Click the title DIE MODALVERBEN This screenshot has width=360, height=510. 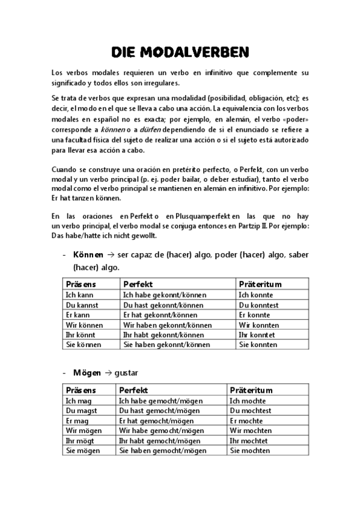click(x=180, y=52)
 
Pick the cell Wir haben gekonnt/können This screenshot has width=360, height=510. click(x=166, y=325)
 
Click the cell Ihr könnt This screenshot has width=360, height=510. click(x=79, y=335)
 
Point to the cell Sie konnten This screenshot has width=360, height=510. click(x=258, y=345)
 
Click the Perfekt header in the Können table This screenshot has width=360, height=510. click(x=138, y=284)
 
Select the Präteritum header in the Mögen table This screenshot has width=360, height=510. click(x=251, y=390)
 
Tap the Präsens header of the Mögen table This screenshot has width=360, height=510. click(x=81, y=390)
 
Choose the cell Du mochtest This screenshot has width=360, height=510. click(x=251, y=411)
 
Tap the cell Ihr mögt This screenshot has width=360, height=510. click(x=78, y=441)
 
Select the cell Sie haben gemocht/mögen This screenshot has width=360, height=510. click(x=162, y=450)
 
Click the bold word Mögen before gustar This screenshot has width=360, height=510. click(x=87, y=373)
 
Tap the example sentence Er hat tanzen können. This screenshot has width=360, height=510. click(x=87, y=198)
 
